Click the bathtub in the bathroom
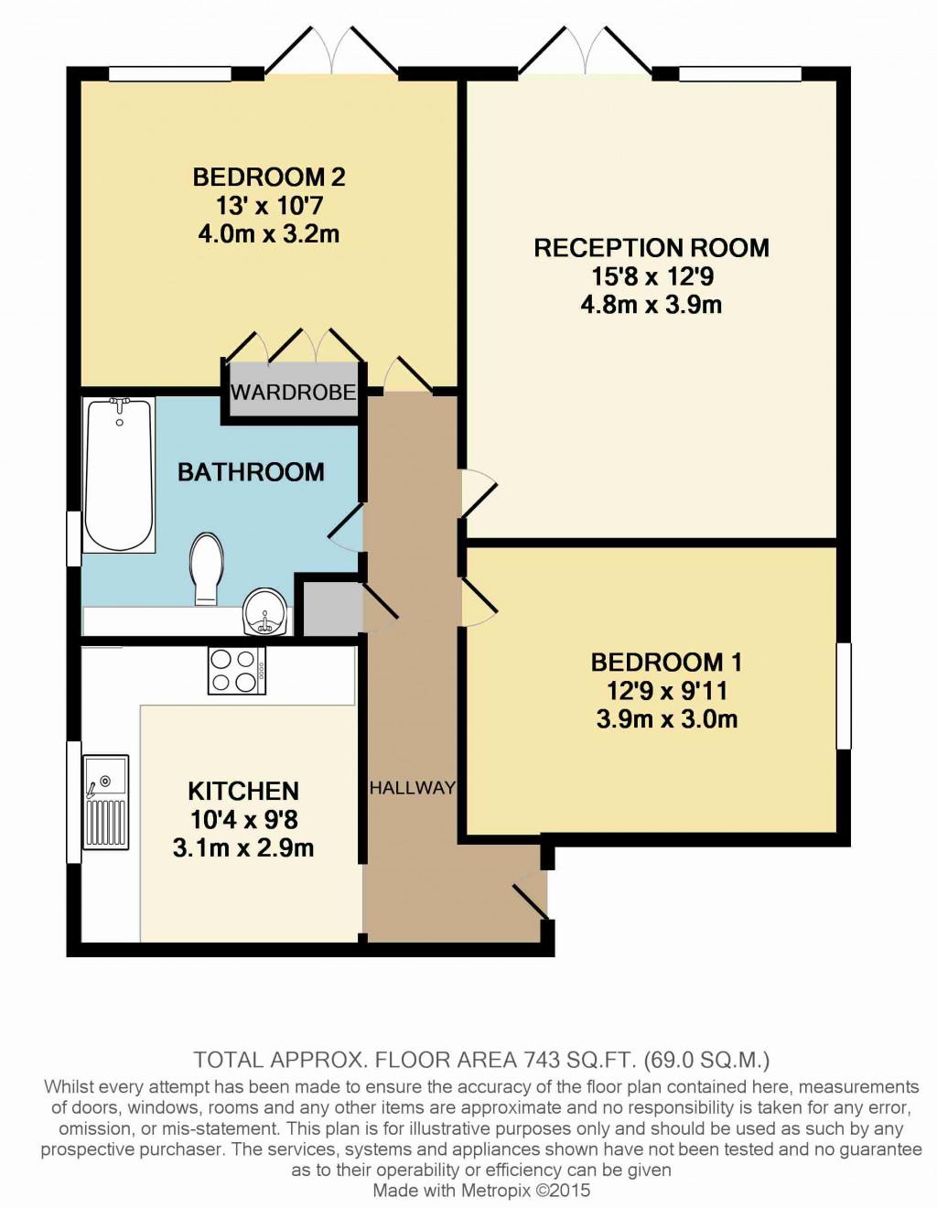tap(118, 474)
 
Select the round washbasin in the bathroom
tap(265, 612)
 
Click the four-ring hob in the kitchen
tap(236, 671)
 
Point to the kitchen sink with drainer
tap(106, 801)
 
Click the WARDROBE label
tap(293, 393)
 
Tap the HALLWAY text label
tap(412, 788)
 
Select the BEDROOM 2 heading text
tap(269, 177)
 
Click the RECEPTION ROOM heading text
tap(651, 248)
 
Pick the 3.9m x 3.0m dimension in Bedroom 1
tap(666, 719)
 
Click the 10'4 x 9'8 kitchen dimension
tap(243, 820)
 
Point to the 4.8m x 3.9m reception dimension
tap(651, 305)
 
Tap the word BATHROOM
tap(251, 472)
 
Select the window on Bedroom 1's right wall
tap(844, 696)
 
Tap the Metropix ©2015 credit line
tap(481, 1191)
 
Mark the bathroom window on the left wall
tap(73, 538)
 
